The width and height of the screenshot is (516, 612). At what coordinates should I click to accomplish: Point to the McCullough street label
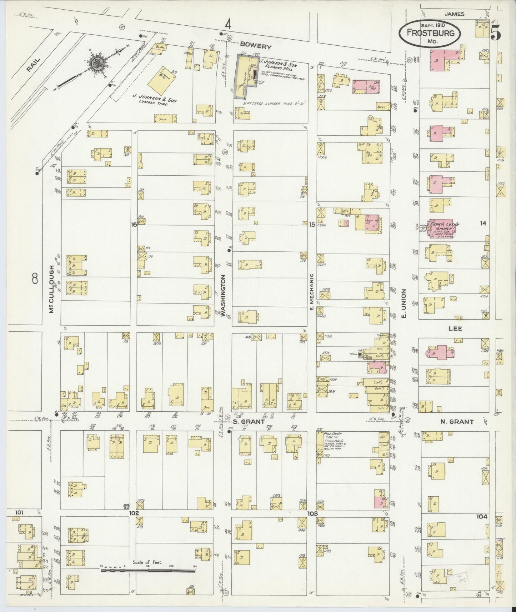point(52,289)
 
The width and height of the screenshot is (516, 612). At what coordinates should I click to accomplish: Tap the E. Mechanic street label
point(311,292)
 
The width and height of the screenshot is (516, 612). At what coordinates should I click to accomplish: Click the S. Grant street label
point(249,421)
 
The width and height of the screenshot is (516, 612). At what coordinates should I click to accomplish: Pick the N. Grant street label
point(457,422)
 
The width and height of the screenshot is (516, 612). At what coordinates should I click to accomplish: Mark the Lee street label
point(455,328)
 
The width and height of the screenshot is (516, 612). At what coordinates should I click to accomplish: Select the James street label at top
point(454,14)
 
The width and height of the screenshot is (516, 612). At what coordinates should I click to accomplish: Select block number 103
point(312,513)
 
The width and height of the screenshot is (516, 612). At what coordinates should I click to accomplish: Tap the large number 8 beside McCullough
point(34,278)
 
